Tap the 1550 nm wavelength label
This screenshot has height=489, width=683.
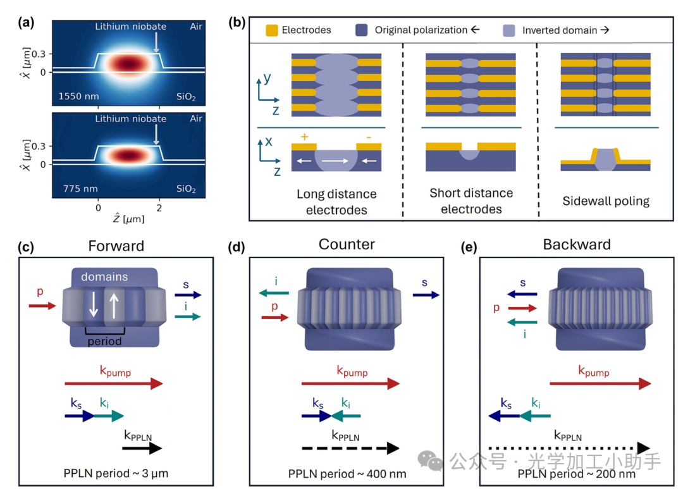pos(77,97)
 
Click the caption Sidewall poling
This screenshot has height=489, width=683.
pos(597,201)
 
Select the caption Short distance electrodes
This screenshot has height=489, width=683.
pos(471,201)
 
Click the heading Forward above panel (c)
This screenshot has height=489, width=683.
pos(116,245)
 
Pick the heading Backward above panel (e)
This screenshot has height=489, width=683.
pos(577,245)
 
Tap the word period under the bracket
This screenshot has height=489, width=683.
pos(105,341)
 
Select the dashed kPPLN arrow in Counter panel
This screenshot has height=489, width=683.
pos(350,448)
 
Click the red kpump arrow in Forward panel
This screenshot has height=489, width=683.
pos(114,383)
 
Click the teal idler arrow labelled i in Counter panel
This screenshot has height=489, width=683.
pos(273,292)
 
